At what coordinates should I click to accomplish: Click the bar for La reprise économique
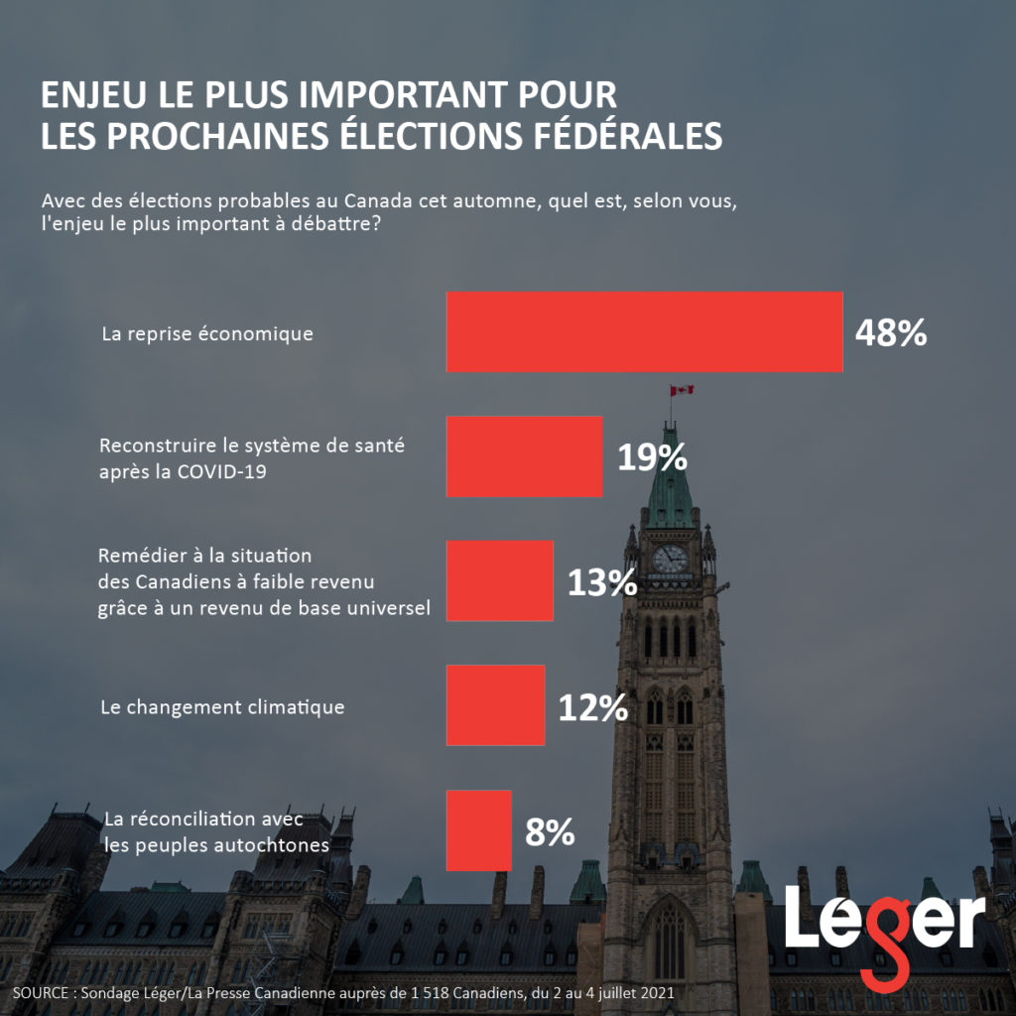[x=644, y=332]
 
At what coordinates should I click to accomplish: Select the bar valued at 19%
[x=524, y=456]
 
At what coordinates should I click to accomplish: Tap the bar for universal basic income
[x=499, y=580]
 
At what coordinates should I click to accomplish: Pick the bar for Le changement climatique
[x=495, y=705]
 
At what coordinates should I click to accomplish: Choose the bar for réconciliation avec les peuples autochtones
[x=478, y=830]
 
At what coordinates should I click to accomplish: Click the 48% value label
[x=890, y=333]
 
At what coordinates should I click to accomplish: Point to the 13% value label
[x=601, y=582]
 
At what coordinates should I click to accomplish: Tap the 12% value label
[x=591, y=707]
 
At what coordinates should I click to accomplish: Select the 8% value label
[x=550, y=832]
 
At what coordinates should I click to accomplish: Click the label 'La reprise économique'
[x=207, y=333]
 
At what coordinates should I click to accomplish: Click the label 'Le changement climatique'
[x=223, y=707]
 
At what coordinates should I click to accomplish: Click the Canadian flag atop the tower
[x=682, y=390]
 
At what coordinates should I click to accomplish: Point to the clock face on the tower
[x=670, y=559]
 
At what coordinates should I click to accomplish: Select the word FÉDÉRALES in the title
[x=615, y=135]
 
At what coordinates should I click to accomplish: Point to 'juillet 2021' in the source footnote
[x=635, y=993]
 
